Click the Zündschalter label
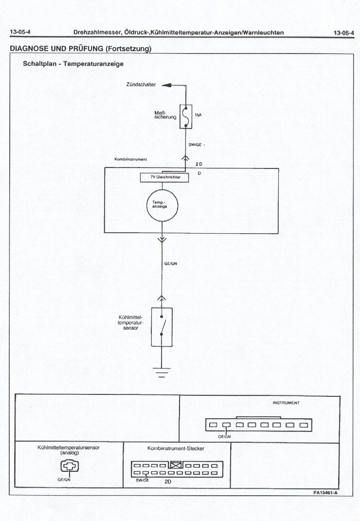click(x=141, y=85)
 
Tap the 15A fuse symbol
click(x=185, y=116)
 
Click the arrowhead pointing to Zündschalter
click(x=166, y=85)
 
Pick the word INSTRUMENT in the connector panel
click(x=286, y=403)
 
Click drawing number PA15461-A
click(x=325, y=492)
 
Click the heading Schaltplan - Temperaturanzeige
click(x=73, y=64)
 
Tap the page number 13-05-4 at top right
click(x=343, y=33)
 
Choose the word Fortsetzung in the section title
click(x=127, y=49)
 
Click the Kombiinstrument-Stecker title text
click(x=176, y=448)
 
